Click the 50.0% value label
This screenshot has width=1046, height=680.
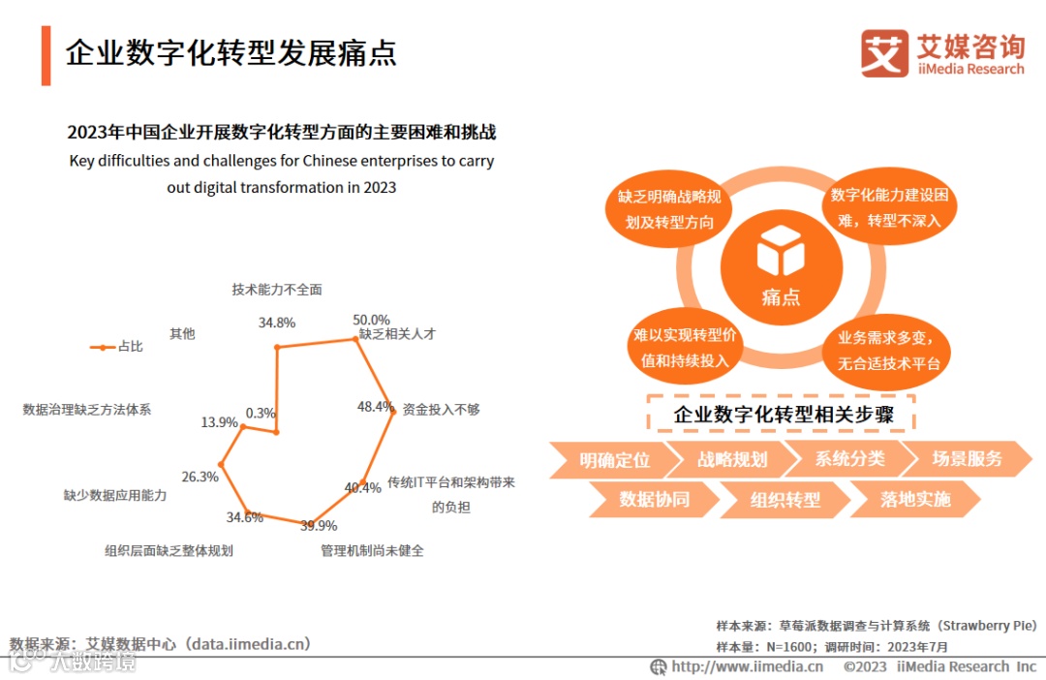(371, 320)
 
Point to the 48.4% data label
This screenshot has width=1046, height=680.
(375, 407)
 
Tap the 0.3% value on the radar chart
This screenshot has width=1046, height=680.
(261, 413)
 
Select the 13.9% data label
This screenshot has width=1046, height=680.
(219, 422)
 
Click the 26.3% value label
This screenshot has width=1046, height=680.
(200, 477)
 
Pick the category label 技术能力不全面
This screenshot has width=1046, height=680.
(276, 290)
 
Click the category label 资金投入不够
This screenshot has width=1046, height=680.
(441, 410)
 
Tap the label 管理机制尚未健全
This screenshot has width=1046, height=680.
(372, 551)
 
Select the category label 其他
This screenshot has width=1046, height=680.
(182, 334)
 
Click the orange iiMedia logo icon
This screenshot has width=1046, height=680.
(884, 53)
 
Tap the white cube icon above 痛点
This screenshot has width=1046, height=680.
(781, 250)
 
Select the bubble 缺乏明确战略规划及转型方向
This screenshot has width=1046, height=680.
(669, 209)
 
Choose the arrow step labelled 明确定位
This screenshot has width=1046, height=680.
(614, 459)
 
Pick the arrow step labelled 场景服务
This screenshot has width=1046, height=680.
(967, 458)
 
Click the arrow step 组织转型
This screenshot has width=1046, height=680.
(784, 500)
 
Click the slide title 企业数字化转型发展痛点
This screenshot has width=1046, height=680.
(231, 53)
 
